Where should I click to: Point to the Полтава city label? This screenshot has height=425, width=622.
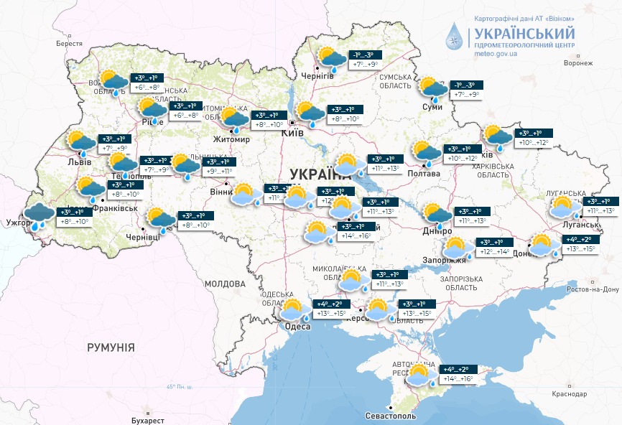[x=424, y=174]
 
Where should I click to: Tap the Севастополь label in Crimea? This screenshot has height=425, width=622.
[x=390, y=416]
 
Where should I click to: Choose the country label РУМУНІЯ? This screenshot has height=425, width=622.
[x=111, y=347]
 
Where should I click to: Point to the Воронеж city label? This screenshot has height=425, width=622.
[x=578, y=63]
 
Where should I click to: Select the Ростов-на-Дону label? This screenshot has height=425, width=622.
[x=592, y=289]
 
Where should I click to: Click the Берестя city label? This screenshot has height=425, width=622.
[x=69, y=44]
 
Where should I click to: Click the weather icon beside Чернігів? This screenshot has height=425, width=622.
[x=333, y=58]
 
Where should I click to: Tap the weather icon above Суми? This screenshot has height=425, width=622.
[x=434, y=89]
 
